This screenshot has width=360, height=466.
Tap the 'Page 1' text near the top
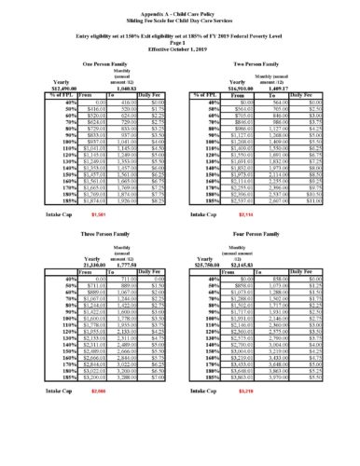tap(180, 36)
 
